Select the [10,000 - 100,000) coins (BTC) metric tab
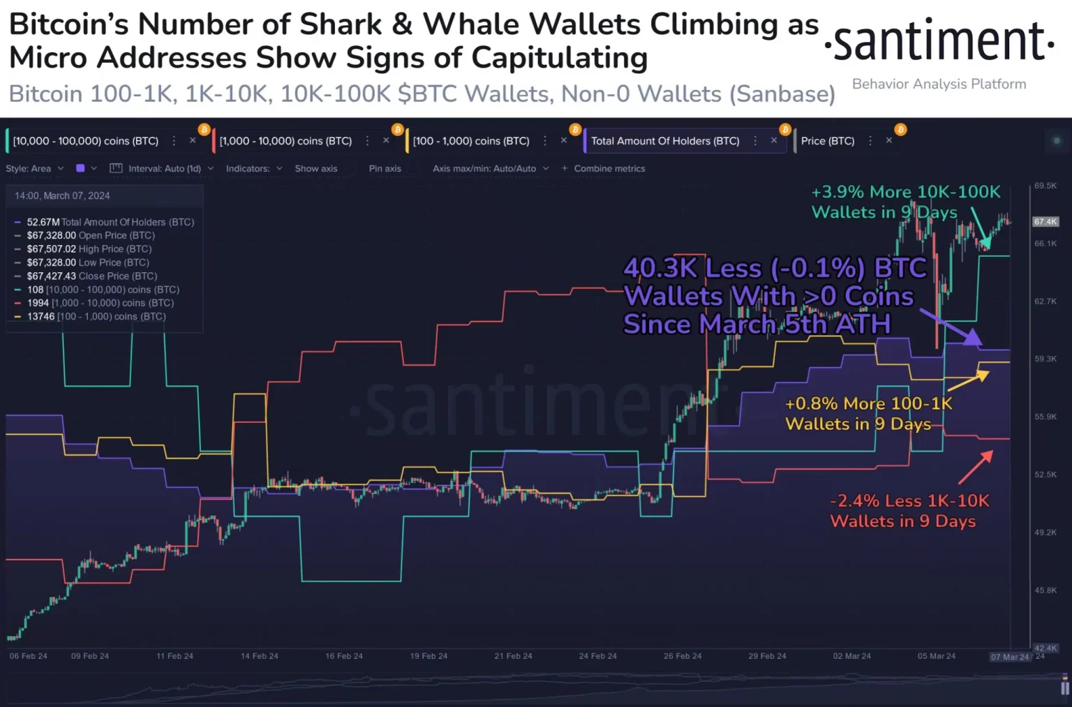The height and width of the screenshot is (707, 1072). (x=86, y=141)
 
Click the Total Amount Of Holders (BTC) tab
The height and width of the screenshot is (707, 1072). (x=665, y=141)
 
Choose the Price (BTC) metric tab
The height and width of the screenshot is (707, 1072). (x=827, y=141)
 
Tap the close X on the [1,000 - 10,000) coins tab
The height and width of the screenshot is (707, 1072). (x=386, y=141)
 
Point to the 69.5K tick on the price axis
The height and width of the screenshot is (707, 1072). (x=1045, y=186)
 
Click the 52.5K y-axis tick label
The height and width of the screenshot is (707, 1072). (x=1045, y=475)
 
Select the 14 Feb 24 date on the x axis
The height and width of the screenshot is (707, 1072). (x=260, y=656)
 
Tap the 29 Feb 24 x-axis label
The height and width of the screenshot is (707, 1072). (x=767, y=656)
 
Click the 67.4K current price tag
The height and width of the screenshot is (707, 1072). (x=1045, y=222)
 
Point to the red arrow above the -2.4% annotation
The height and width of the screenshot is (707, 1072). (x=976, y=467)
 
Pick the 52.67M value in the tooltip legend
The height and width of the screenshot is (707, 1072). (x=43, y=222)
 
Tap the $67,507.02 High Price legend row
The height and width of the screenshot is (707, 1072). (x=89, y=249)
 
